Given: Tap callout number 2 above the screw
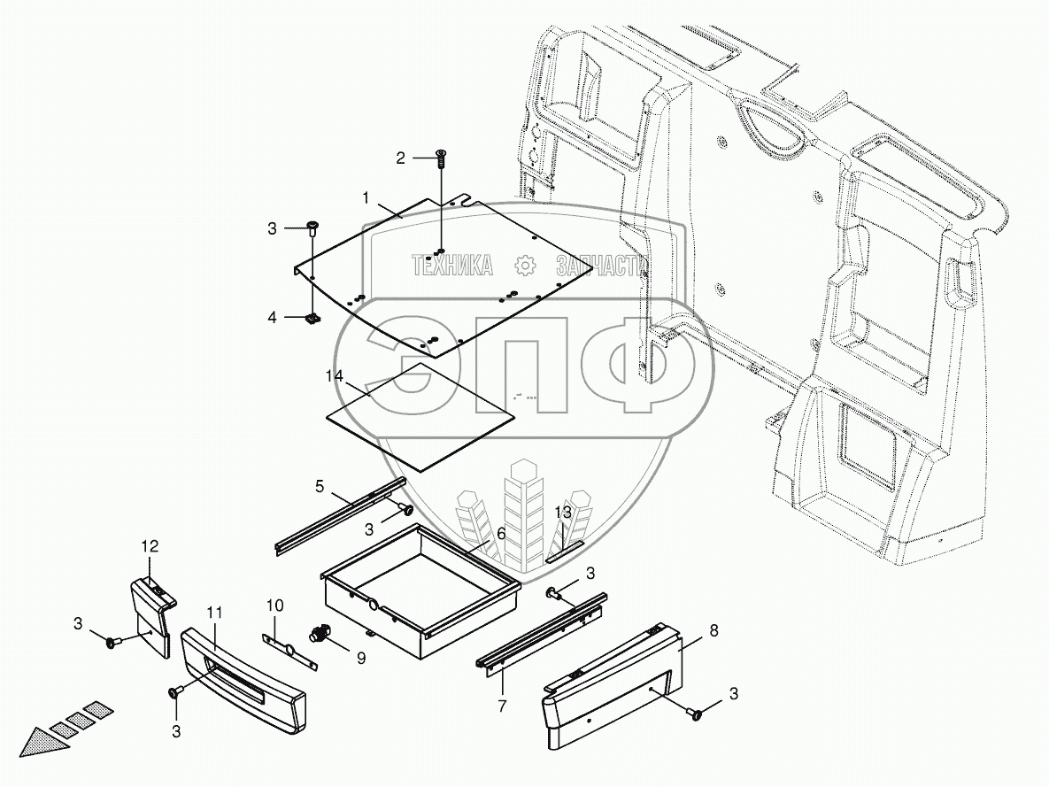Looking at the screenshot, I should (401, 158).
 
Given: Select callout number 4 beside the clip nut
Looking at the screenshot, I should (274, 316).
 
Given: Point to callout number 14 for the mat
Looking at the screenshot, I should (334, 376).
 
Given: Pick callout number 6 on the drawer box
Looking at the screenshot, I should (500, 534).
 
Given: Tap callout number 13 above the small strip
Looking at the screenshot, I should (564, 513).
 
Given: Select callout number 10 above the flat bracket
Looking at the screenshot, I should (275, 605).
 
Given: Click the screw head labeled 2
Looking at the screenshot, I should (440, 158).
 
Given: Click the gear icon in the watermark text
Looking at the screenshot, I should (524, 264).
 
